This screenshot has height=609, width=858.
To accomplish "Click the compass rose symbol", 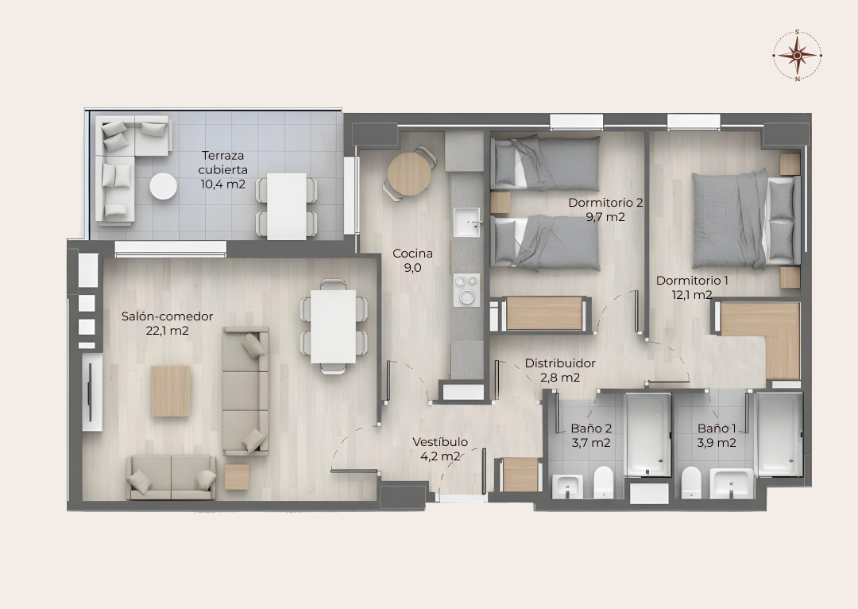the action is [798, 55].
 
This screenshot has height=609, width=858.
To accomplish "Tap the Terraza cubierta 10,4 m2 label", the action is [222, 170].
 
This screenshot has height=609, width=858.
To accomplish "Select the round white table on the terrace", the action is [164, 186].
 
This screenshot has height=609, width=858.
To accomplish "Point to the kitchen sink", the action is [467, 222].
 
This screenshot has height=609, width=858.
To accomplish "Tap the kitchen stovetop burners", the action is [467, 290].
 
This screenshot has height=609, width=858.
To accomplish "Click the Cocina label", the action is [412, 254].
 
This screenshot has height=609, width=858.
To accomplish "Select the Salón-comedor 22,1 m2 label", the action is [167, 323].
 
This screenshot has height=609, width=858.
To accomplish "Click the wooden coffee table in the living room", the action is [172, 391].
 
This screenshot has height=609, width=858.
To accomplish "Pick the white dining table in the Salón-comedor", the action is [333, 327].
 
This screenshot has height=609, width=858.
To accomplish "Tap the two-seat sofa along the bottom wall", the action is [172, 477].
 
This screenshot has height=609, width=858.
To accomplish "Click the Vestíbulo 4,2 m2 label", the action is [440, 448].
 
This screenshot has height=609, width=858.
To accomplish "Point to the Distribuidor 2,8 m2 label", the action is [560, 370].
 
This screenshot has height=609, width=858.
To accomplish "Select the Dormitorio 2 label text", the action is [605, 203].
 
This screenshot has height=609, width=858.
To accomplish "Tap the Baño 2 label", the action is [591, 429].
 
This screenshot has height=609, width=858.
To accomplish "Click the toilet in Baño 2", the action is [604, 482].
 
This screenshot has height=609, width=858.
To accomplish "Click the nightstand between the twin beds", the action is [500, 203].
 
